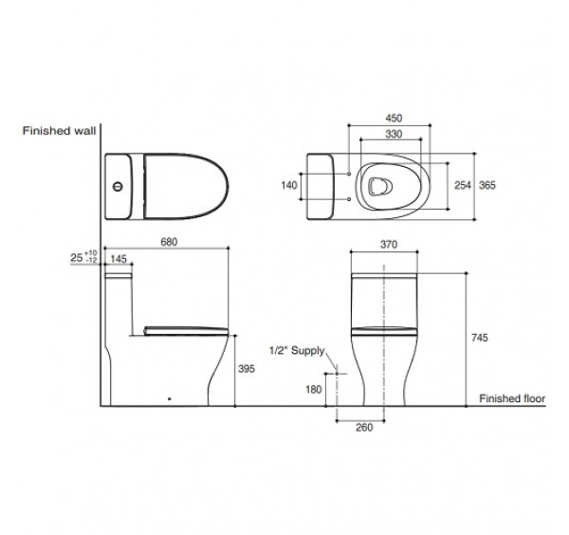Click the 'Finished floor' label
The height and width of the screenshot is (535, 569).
513,397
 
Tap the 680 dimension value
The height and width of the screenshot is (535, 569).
170,243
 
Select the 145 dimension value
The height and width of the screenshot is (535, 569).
119,259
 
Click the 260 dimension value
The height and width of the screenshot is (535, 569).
365,427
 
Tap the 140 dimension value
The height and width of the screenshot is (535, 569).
290,186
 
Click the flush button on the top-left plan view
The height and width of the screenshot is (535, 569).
118,186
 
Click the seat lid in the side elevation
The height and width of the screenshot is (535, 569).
185,328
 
